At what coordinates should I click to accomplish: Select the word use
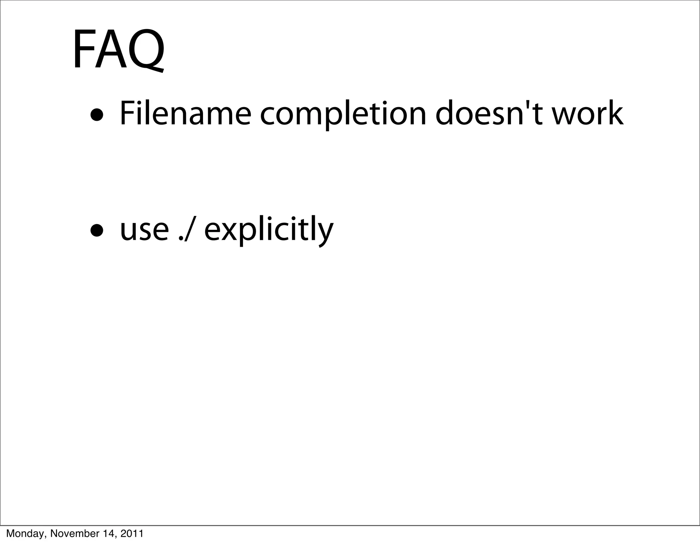pos(144,230)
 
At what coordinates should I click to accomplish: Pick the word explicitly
pos(269,230)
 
